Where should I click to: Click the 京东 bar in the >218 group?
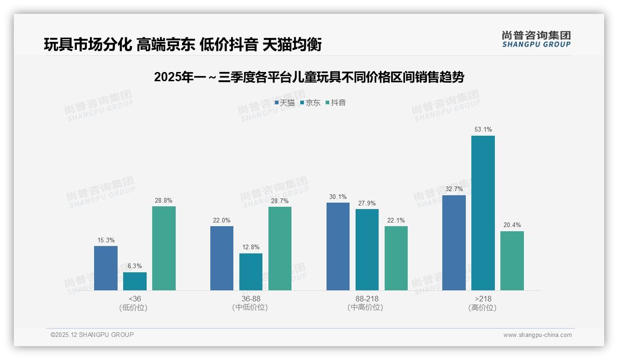tap(483, 213)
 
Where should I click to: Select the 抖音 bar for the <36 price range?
tap(164, 248)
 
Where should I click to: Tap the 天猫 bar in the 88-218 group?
tap(338, 246)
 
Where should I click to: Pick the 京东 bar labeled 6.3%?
tap(135, 281)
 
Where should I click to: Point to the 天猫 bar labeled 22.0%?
tap(222, 258)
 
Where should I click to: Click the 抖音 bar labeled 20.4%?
tap(512, 261)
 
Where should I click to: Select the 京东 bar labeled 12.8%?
tap(251, 272)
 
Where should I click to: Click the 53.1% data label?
tap(483, 130)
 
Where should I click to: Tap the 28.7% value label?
tap(280, 201)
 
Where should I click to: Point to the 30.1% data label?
tap(338, 197)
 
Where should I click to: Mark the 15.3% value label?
tap(106, 240)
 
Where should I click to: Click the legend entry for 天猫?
tap(285, 103)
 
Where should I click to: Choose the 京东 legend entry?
tap(310, 103)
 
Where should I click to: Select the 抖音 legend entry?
tap(336, 103)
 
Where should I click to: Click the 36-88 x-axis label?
tap(250, 299)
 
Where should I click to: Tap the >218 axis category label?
tap(483, 299)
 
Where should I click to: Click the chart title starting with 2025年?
tap(309, 77)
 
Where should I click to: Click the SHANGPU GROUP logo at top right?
tap(536, 39)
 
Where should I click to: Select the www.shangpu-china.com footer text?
tap(537, 335)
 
